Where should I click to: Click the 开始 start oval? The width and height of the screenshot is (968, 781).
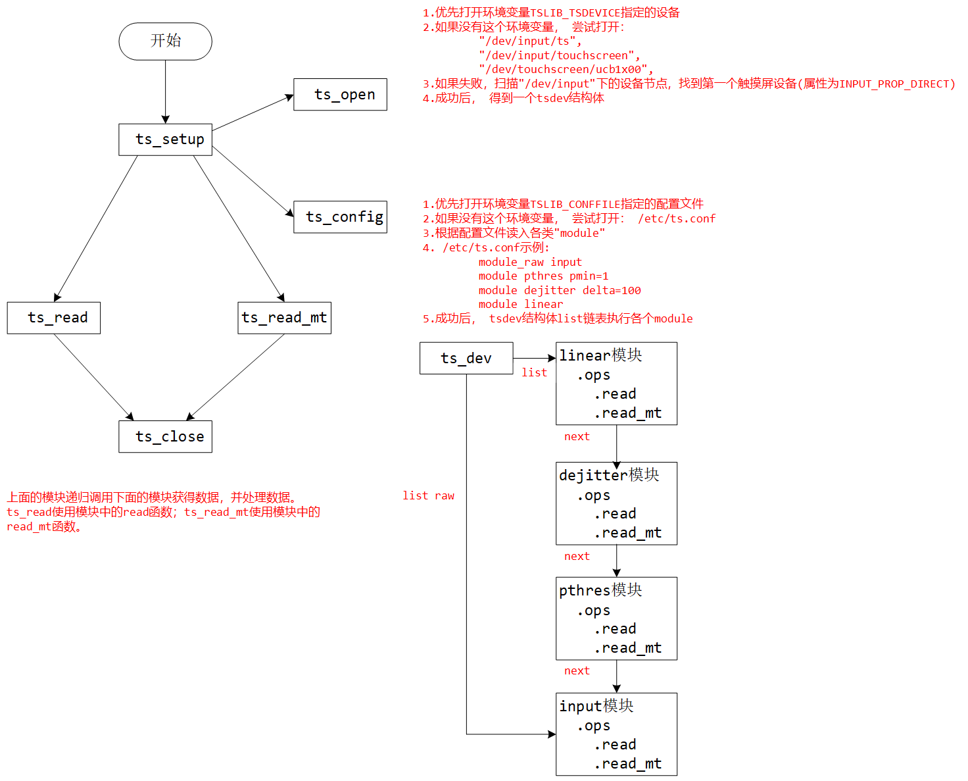[165, 41]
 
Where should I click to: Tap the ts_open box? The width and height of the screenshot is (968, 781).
[340, 95]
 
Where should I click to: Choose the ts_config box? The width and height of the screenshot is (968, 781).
[340, 217]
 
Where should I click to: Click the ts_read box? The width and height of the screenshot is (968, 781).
[54, 318]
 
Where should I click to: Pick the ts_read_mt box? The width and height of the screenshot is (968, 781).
[284, 318]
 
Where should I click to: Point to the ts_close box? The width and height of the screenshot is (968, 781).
[165, 437]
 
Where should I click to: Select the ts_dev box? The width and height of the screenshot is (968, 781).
[466, 359]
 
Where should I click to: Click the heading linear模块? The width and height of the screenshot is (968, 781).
[600, 355]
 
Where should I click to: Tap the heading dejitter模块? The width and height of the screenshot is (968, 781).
[609, 475]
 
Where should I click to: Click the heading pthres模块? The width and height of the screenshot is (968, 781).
[600, 590]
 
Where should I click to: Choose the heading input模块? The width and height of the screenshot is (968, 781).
[596, 706]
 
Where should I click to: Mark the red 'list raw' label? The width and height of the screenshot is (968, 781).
[428, 496]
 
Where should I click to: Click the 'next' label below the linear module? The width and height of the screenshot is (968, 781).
[577, 437]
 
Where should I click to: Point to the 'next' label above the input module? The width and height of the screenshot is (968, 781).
[577, 671]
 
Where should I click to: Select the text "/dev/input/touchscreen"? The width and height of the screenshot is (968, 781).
[559, 56]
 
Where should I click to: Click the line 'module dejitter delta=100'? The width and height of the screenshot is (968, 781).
[559, 291]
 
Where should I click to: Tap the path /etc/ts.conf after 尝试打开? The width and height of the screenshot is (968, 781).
[677, 219]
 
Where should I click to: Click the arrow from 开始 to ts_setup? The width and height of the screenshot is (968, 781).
[165, 92]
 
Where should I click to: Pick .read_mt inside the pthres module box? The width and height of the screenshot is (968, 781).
[628, 648]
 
